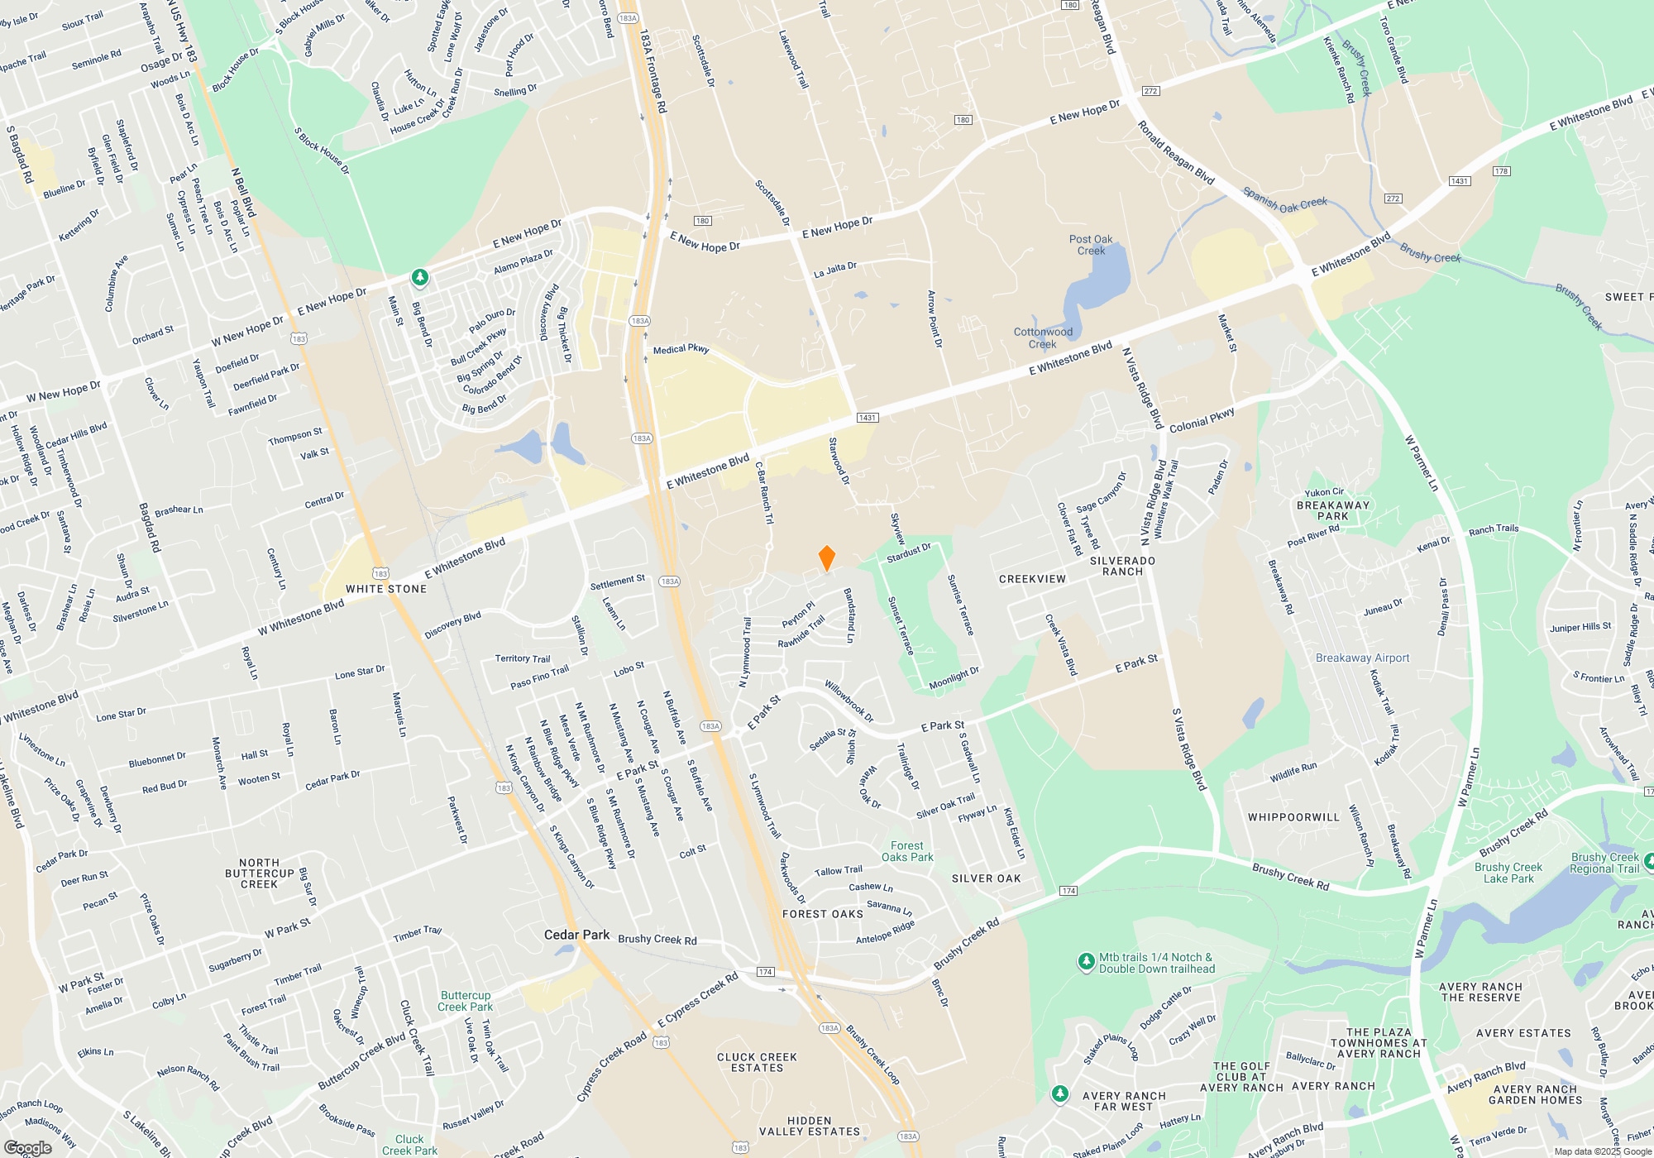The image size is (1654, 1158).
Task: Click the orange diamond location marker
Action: coord(826,558)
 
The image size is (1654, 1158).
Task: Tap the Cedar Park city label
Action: coord(576,935)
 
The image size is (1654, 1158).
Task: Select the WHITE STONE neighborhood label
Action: coord(386,589)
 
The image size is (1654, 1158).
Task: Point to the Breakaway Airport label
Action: coord(1362,658)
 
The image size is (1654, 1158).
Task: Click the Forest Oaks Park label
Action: coord(907,851)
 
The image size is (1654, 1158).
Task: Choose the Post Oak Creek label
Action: coord(1091,245)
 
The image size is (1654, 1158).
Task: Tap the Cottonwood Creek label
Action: coord(1043,337)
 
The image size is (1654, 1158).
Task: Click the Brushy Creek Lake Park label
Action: coord(1508,873)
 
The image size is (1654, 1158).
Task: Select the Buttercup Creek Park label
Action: coord(465,1001)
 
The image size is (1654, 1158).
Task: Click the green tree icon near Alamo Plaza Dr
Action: coord(420,276)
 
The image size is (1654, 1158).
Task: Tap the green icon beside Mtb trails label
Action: coord(1086,961)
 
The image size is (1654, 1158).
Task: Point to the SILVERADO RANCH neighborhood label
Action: coord(1122,566)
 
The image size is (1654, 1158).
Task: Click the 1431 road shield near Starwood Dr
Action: coord(867,418)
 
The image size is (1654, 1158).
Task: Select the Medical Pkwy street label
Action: coord(681,349)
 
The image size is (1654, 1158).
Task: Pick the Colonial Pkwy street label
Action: coord(1202,420)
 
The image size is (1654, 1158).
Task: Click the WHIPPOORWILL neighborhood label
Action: coord(1293,817)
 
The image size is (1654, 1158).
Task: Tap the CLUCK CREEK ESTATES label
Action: coord(757,1062)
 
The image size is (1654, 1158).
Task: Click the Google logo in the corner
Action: coord(27,1147)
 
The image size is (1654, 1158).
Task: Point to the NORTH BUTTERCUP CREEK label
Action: coord(260,873)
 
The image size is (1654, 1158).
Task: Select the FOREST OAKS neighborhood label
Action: coord(823,914)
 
